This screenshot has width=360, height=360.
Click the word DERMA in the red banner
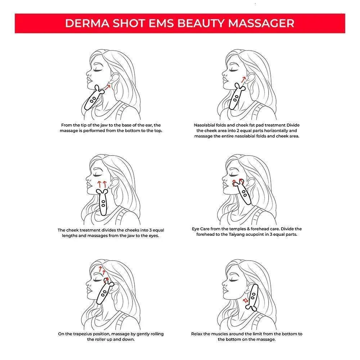87,23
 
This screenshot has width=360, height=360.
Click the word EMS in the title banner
161,23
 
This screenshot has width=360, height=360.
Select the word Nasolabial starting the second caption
206,125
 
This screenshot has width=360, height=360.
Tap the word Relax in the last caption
197,334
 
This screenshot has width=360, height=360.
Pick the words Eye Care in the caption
201,229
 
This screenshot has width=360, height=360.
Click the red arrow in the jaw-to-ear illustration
107,87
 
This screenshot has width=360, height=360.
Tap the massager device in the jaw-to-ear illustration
94,98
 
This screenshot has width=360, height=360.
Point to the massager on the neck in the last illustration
253,298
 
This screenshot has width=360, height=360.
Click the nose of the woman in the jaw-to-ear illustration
89,73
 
